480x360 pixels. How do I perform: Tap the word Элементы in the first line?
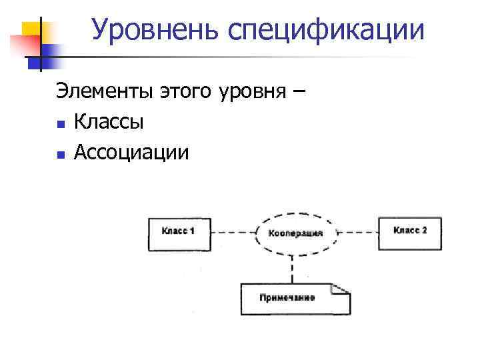coord(104,92)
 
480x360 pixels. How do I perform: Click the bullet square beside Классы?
coord(61,124)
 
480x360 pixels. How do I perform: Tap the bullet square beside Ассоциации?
coord(61,155)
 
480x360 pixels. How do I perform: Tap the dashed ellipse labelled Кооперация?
coord(295,233)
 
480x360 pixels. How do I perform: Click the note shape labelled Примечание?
coord(295,299)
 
